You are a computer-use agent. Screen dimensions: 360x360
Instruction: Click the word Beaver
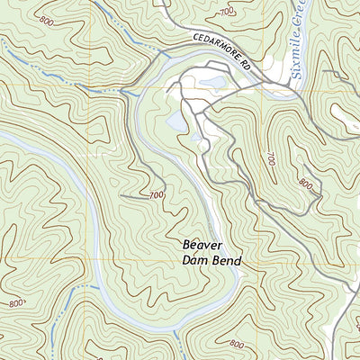[202, 244]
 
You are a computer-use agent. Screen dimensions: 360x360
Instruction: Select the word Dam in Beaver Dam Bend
[195, 261]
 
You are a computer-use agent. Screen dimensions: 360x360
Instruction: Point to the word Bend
[227, 261]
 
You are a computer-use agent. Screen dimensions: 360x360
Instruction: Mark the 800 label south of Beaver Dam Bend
[236, 344]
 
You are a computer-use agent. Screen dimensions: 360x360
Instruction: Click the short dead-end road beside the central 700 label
[133, 195]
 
